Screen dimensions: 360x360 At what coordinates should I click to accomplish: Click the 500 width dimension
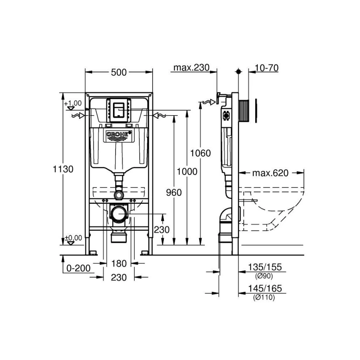[x=119, y=72]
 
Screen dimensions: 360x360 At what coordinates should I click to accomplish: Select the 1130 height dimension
[x=63, y=169]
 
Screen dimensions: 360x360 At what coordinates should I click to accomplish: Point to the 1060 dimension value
[x=200, y=153]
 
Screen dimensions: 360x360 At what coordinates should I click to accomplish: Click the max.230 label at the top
[x=190, y=68]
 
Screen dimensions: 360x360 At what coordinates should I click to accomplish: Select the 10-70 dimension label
[x=267, y=68]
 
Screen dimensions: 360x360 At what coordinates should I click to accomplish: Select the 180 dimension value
[x=119, y=263]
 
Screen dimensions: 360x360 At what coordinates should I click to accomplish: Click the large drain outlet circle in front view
[x=120, y=214]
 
